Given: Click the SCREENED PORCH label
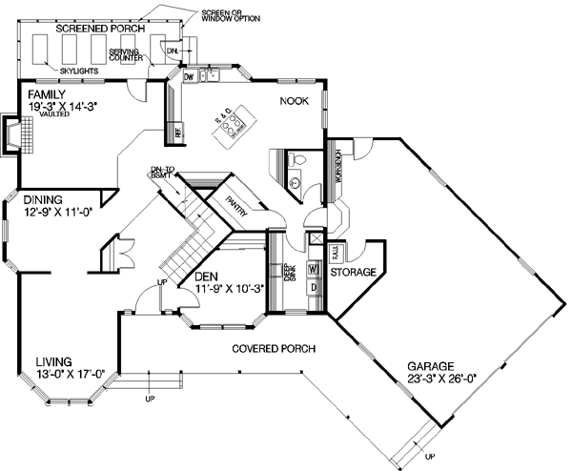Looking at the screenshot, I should (x=99, y=30).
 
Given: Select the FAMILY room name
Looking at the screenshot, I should (x=47, y=96).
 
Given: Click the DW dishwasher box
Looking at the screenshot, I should (x=189, y=75).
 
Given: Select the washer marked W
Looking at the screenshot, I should (x=312, y=268).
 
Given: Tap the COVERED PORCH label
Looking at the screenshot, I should (x=274, y=349).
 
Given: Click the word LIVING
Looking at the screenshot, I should (x=55, y=361).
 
